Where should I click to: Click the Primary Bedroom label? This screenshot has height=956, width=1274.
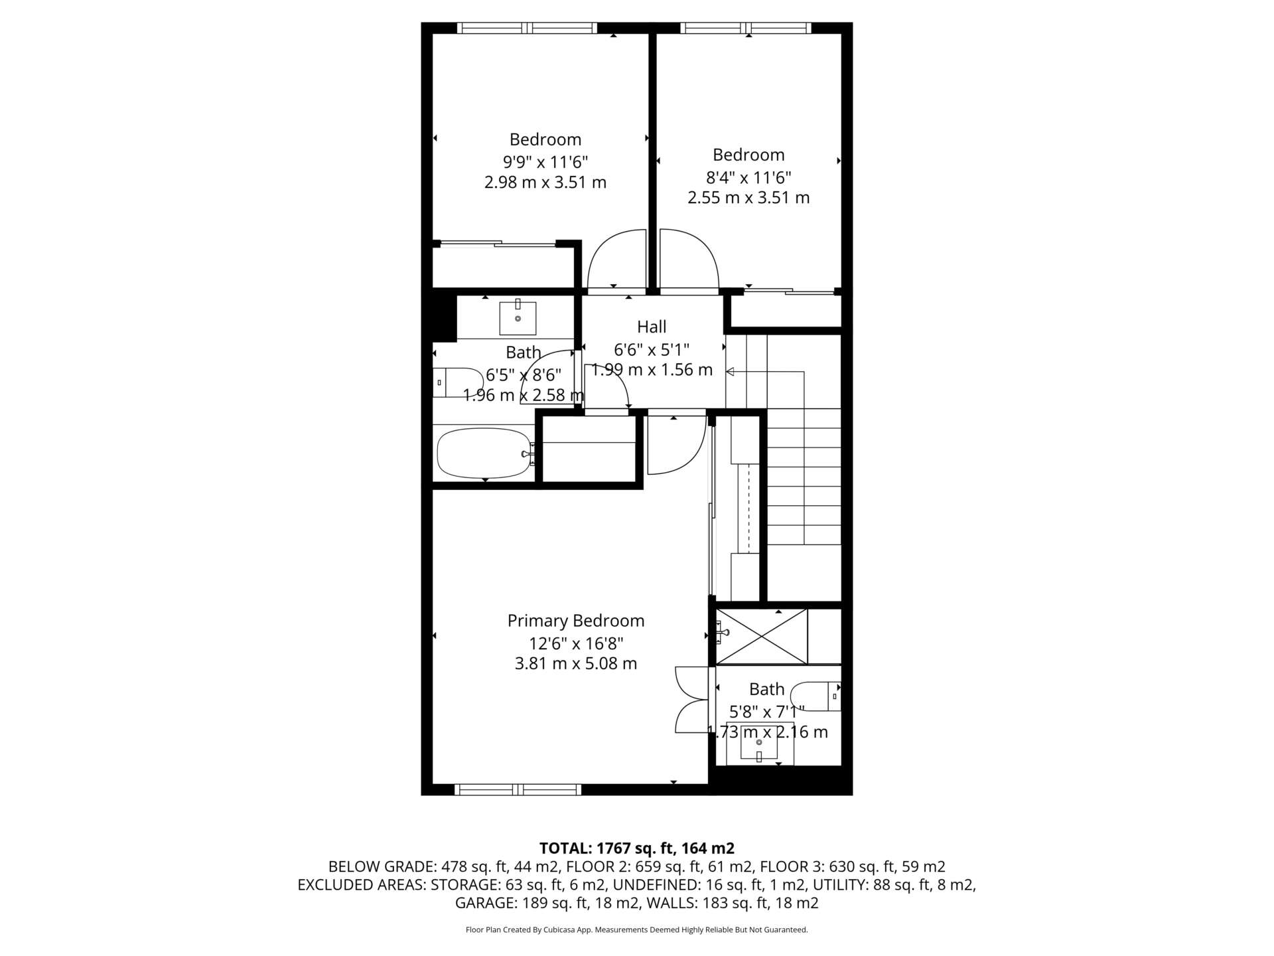[x=576, y=621]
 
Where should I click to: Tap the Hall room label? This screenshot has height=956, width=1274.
[x=652, y=327]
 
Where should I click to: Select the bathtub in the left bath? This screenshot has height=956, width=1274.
[x=484, y=453]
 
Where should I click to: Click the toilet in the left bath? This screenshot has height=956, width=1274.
[x=459, y=382]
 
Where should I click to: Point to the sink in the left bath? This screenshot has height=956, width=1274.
[x=518, y=318]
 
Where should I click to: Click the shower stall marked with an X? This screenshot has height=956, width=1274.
[x=762, y=636]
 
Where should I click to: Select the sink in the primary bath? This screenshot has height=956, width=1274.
[x=759, y=742]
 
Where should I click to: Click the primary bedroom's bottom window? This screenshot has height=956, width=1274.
[x=518, y=789]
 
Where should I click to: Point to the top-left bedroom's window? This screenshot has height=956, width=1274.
[x=527, y=28]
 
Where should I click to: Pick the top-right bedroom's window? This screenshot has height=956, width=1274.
[x=746, y=28]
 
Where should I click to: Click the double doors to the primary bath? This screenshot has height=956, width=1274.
[x=692, y=700]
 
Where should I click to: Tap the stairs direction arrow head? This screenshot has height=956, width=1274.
[x=730, y=372]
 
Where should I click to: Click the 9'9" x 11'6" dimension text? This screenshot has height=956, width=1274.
[x=545, y=161]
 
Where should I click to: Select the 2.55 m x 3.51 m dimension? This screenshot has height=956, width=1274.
[x=748, y=198]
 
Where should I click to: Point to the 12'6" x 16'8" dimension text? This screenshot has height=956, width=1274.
[x=576, y=643]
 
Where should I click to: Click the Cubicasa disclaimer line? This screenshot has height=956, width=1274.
[x=637, y=930]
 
